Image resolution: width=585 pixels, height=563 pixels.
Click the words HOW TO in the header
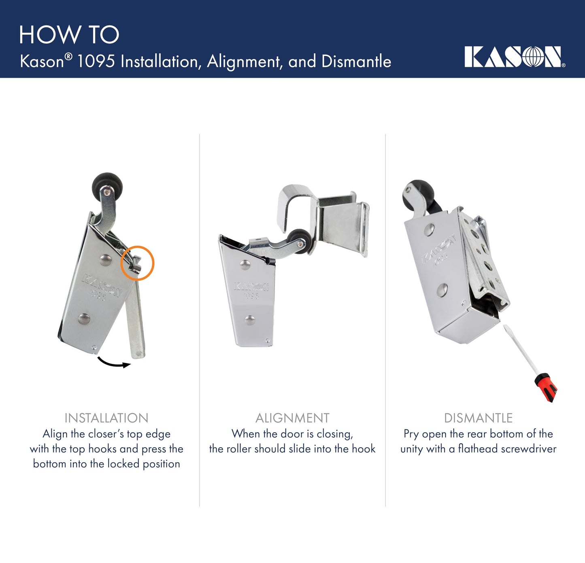pyautogui.click(x=69, y=35)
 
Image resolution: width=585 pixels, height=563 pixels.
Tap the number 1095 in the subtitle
pyautogui.click(x=96, y=62)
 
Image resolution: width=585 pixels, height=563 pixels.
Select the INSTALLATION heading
pyautogui.click(x=106, y=418)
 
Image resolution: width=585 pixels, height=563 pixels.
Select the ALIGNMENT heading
pyautogui.click(x=292, y=418)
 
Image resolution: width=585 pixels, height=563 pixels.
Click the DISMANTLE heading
pyautogui.click(x=478, y=418)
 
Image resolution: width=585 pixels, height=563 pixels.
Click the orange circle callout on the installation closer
pyautogui.click(x=137, y=263)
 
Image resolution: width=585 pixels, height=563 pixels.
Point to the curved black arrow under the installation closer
pyautogui.click(x=114, y=363)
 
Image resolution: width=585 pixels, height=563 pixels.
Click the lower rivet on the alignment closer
pyautogui.click(x=250, y=321)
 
